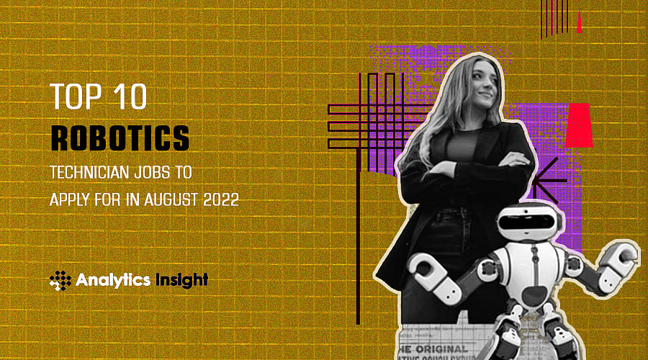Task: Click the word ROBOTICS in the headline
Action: (120, 138)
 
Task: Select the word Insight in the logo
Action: (181, 279)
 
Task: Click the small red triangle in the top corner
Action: (579, 24)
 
